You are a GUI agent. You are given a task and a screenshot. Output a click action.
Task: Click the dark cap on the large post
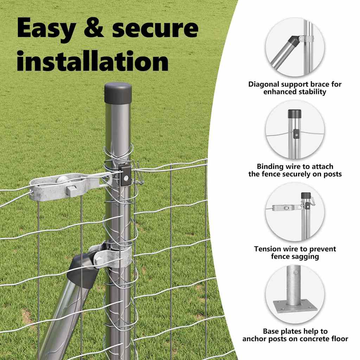(x=118, y=93)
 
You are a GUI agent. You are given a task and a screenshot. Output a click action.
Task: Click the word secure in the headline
(x=155, y=29)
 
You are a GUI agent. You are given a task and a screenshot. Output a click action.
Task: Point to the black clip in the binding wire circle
(x=296, y=134)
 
